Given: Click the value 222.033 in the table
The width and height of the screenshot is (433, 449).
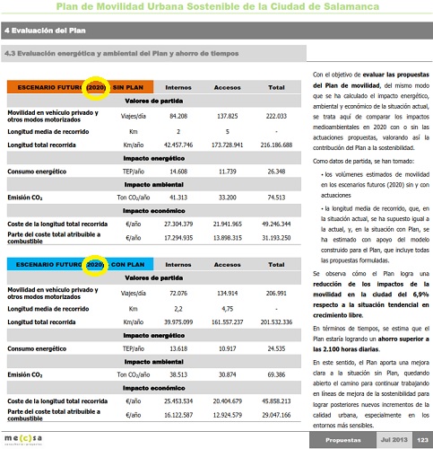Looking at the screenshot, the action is [277, 116].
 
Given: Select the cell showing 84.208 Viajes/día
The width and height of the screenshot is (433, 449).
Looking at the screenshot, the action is [178, 116].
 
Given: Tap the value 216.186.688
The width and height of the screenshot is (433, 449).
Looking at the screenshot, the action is [277, 145].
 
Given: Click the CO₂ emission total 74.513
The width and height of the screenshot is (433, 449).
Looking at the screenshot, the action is [277, 196].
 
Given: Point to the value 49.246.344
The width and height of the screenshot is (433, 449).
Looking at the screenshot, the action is [277, 223].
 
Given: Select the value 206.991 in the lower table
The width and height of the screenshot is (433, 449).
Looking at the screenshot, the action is [277, 293].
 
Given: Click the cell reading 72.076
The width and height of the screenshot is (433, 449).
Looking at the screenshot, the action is [178, 293].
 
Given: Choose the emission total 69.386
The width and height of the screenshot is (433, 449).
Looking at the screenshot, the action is [277, 372].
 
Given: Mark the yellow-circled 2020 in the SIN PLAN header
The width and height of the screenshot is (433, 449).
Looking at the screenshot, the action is [96, 88].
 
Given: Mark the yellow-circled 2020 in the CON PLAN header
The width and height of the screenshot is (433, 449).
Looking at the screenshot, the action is [96, 265].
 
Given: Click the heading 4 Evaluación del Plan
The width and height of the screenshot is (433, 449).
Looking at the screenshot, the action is [41, 31].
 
